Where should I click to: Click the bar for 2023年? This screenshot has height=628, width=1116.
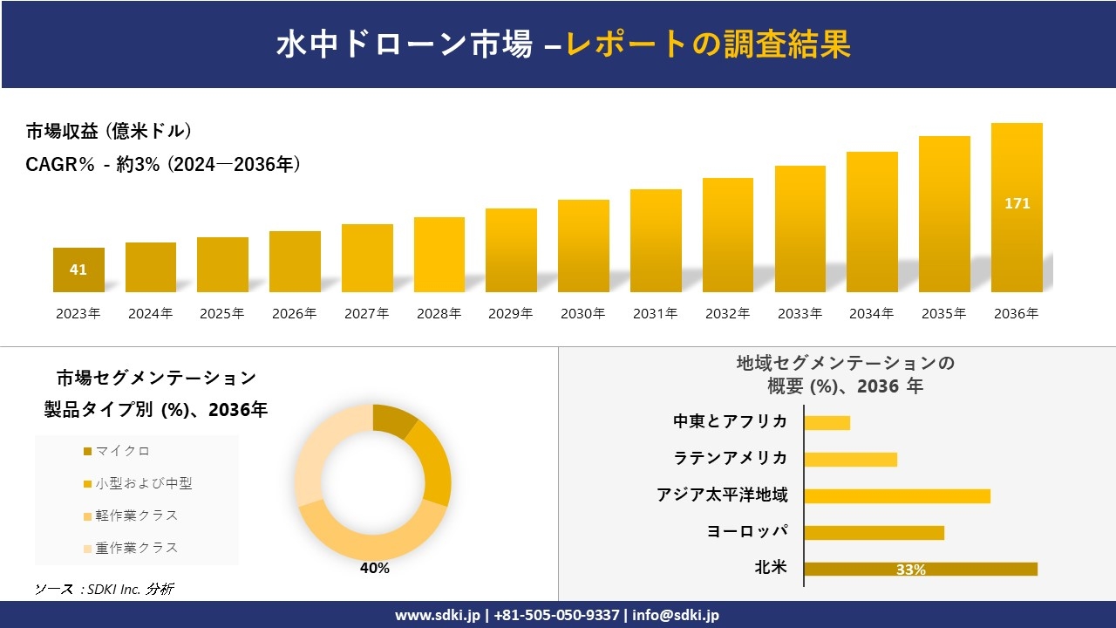click(x=78, y=270)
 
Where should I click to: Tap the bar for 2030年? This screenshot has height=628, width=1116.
click(x=583, y=246)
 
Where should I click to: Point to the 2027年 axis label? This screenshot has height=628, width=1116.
click(x=366, y=314)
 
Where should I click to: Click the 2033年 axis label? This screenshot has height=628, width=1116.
click(x=800, y=314)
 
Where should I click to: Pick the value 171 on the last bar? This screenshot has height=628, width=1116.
click(x=1017, y=203)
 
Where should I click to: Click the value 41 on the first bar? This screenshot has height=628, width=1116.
click(x=78, y=270)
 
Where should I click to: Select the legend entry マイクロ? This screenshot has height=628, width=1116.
click(x=122, y=451)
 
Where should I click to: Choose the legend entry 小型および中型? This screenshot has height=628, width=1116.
click(x=143, y=483)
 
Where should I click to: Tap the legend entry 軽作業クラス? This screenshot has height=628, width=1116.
click(x=136, y=515)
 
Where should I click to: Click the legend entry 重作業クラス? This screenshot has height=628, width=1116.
click(x=136, y=548)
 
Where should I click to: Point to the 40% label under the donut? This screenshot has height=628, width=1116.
click(x=374, y=569)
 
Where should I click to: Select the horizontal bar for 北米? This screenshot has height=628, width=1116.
click(x=921, y=570)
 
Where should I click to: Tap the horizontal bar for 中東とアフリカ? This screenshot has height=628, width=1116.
click(x=827, y=423)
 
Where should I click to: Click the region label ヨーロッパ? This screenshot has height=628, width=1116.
click(x=747, y=531)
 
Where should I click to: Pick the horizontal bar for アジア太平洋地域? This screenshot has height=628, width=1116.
click(x=897, y=496)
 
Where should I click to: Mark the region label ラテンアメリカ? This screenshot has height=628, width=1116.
click(x=730, y=458)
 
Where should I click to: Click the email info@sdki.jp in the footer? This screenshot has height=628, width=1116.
click(x=676, y=615)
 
